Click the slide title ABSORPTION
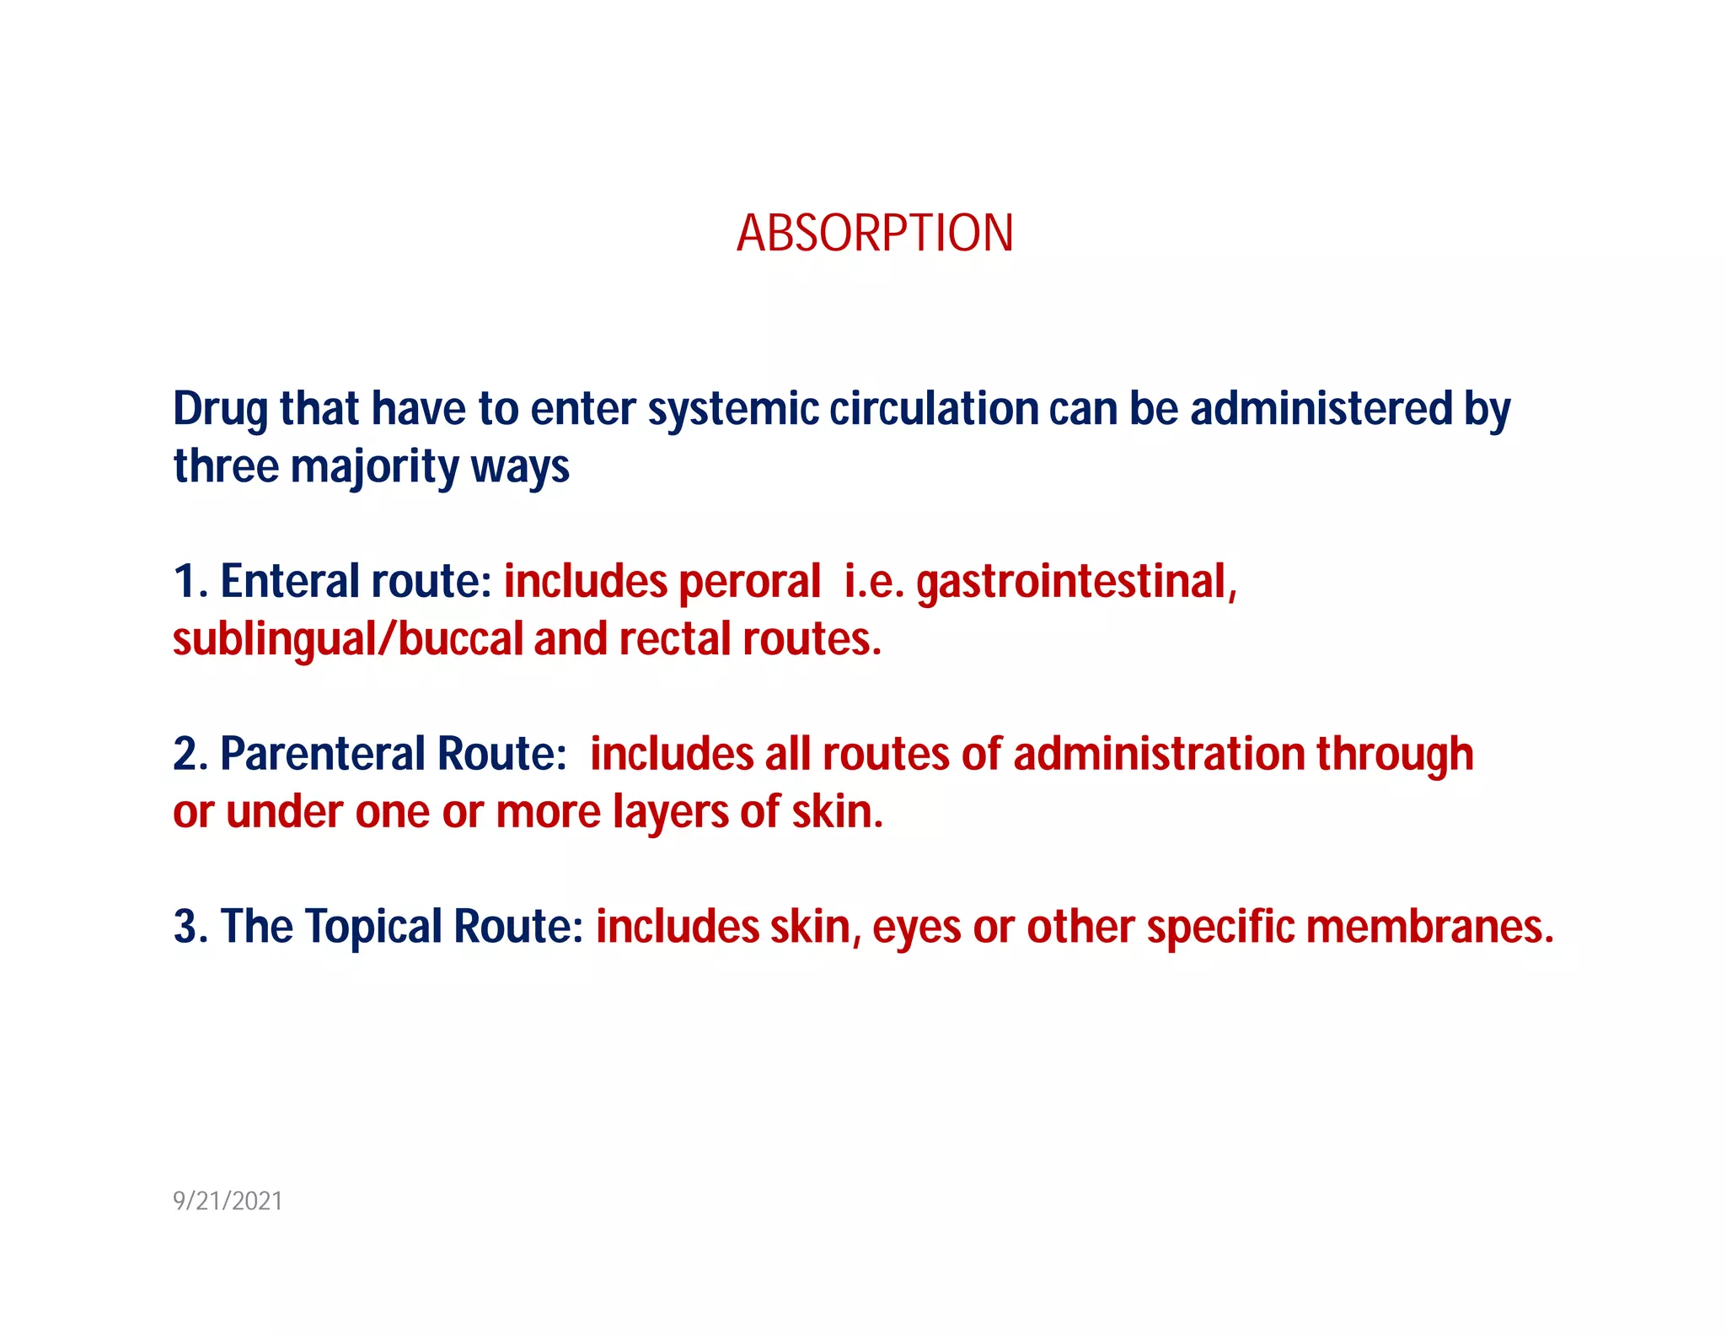(875, 234)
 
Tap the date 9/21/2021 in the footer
(228, 1201)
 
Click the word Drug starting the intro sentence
(220, 411)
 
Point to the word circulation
(934, 409)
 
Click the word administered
(1321, 409)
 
